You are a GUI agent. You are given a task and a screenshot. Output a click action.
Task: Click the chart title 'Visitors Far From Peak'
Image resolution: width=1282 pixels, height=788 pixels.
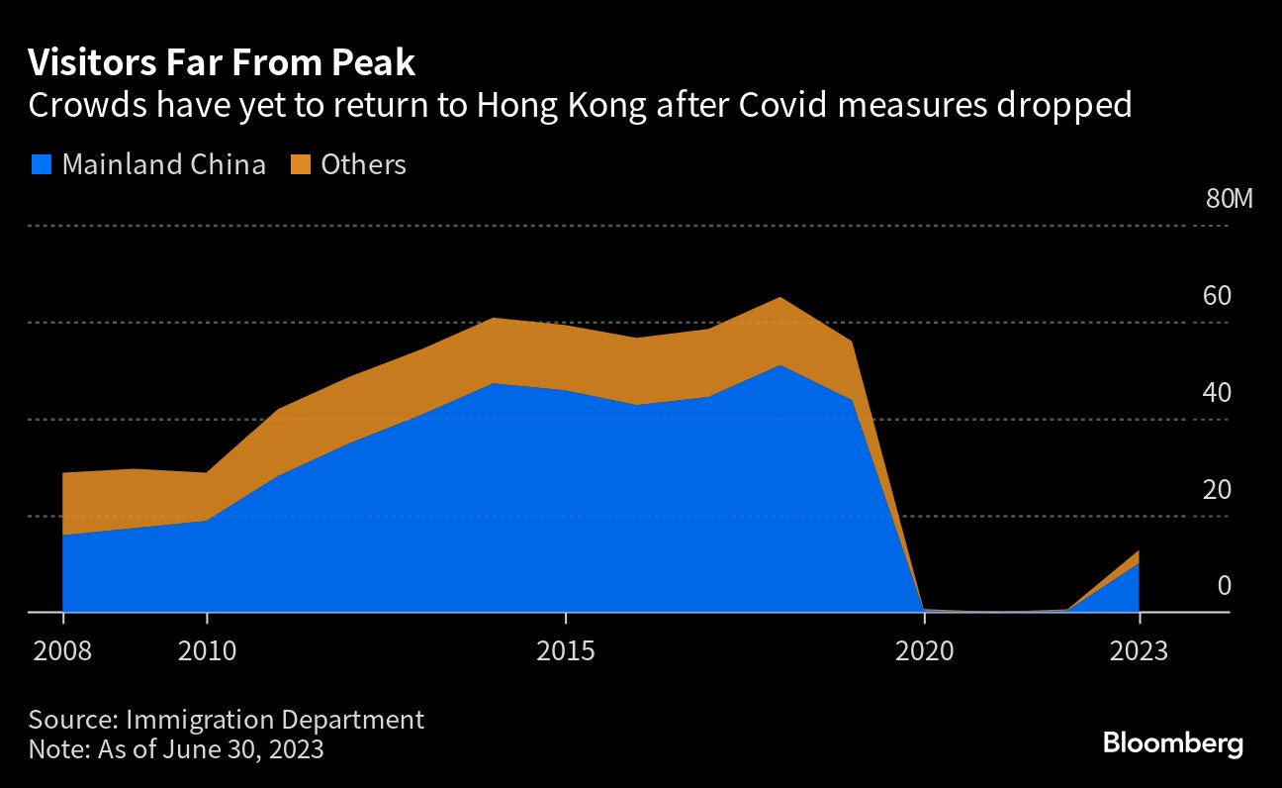(222, 63)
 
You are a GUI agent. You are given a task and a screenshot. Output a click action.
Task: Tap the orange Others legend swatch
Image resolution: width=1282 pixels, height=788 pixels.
(300, 164)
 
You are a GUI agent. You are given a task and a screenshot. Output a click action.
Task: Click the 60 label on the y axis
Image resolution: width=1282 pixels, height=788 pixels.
(1218, 295)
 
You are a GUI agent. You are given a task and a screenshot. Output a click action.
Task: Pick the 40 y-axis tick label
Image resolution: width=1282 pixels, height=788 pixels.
(1218, 392)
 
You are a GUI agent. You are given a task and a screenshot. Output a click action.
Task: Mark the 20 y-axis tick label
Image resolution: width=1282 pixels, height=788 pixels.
(1218, 489)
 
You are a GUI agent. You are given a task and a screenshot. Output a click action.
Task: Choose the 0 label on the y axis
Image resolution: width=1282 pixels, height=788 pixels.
(1225, 586)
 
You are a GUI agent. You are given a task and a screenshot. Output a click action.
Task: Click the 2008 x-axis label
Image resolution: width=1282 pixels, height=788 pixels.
(63, 652)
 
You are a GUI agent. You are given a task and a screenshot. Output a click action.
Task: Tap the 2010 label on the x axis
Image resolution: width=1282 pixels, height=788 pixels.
(207, 652)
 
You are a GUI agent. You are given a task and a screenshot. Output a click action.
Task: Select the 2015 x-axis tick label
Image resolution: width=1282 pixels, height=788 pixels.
(565, 652)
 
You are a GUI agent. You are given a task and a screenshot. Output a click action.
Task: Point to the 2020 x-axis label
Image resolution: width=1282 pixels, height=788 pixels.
(923, 652)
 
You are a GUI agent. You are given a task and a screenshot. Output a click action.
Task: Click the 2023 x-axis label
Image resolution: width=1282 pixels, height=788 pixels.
(1139, 652)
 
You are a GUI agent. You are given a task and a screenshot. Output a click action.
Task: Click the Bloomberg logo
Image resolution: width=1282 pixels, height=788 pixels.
(1172, 743)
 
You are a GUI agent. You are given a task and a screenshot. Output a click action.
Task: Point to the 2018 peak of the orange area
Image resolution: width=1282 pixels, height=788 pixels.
(780, 299)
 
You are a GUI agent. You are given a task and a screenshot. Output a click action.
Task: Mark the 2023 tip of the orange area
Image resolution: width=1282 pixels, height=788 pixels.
(1138, 552)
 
